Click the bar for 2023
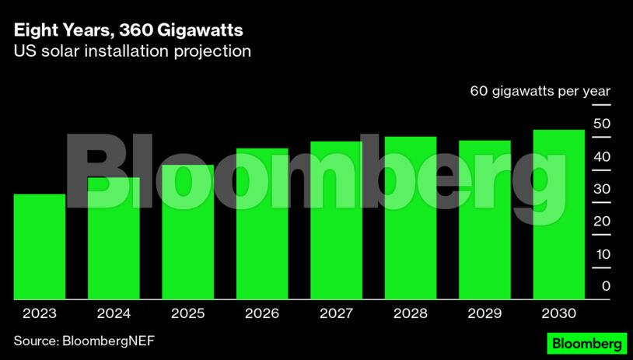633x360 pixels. click(x=39, y=246)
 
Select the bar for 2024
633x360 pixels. click(x=114, y=239)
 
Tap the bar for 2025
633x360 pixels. click(x=187, y=232)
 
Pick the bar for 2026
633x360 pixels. click(x=262, y=224)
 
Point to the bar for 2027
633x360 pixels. click(x=336, y=221)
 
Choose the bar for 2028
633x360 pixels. click(x=410, y=218)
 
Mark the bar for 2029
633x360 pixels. click(x=484, y=220)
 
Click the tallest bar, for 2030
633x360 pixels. click(x=558, y=215)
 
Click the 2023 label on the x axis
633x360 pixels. click(x=39, y=314)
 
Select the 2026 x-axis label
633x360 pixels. click(x=262, y=314)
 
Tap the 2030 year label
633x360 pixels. click(x=558, y=314)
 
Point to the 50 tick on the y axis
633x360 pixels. click(x=601, y=124)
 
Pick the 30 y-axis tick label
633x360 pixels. click(x=601, y=190)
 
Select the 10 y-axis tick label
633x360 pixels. click(x=601, y=254)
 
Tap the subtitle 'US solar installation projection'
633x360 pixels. click(x=132, y=52)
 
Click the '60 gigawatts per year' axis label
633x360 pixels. click(x=540, y=91)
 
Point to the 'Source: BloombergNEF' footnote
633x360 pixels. click(x=78, y=341)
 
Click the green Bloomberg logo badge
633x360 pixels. click(x=586, y=343)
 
